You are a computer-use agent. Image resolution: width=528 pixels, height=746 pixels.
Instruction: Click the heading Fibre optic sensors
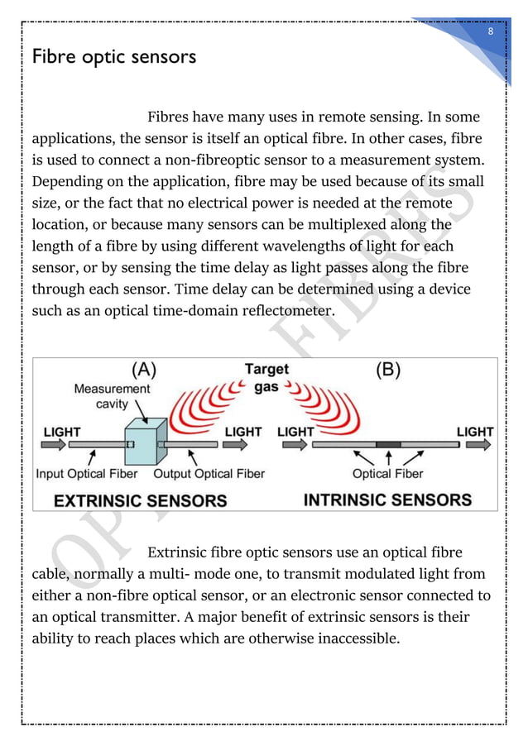tap(113, 59)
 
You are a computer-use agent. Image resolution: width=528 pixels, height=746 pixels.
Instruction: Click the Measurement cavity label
tap(113, 395)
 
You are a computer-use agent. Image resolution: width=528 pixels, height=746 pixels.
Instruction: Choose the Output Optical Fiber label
tap(209, 474)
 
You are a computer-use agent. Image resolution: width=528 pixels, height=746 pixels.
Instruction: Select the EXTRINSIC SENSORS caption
tap(141, 500)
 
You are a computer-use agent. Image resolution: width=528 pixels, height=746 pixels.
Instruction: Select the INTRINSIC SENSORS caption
tap(388, 500)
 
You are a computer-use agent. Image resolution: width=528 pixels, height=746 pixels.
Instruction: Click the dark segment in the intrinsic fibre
tap(388, 445)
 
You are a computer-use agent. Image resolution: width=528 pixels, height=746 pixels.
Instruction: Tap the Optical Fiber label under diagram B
tap(387, 474)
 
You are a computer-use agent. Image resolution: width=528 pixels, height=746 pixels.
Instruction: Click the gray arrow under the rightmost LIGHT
tap(476, 445)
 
